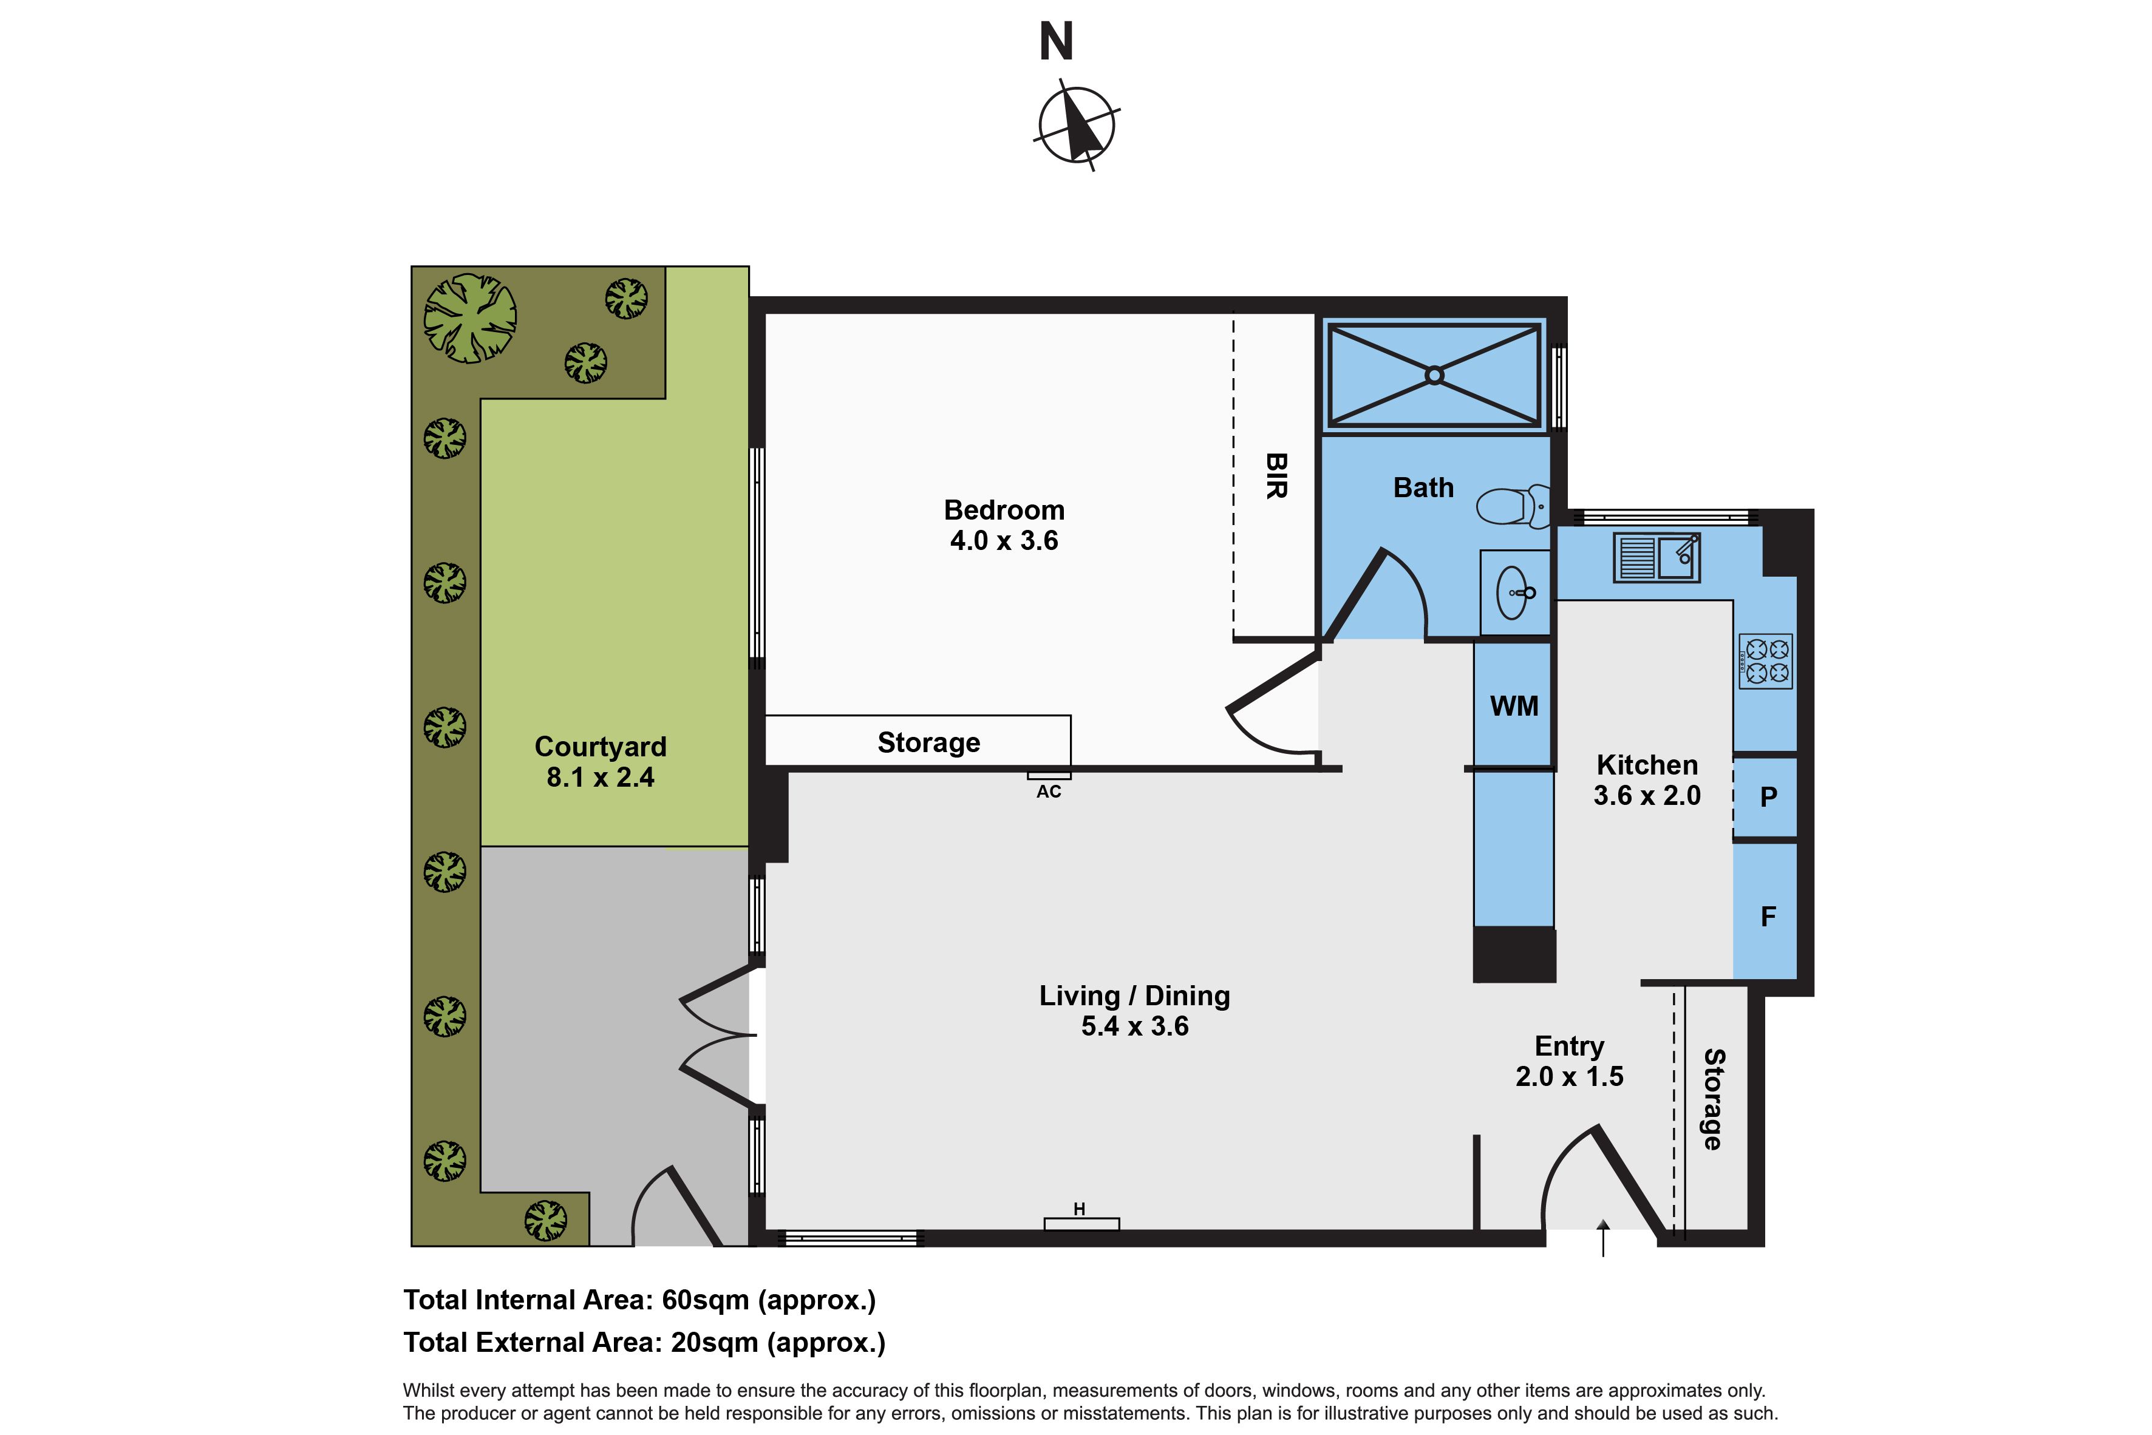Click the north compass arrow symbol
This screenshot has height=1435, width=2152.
[x=1077, y=126]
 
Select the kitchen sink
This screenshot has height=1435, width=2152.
[x=1657, y=557]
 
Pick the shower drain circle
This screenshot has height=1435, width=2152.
[x=1434, y=375]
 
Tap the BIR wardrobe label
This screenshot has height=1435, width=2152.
[x=1276, y=476]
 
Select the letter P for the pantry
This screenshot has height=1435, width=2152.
[x=1768, y=797]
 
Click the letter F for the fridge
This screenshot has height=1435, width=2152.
[x=1768, y=916]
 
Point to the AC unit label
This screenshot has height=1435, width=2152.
[x=1049, y=792]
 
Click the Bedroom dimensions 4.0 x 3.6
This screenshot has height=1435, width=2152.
[x=1004, y=541]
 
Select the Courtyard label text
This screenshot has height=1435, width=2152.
[x=601, y=747]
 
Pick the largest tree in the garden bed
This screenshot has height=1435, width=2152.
[x=469, y=317]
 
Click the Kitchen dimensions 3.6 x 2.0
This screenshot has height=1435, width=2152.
[x=1647, y=795]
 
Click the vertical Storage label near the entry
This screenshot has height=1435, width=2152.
[x=1712, y=1099]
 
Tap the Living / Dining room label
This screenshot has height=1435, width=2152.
[x=1134, y=996]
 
